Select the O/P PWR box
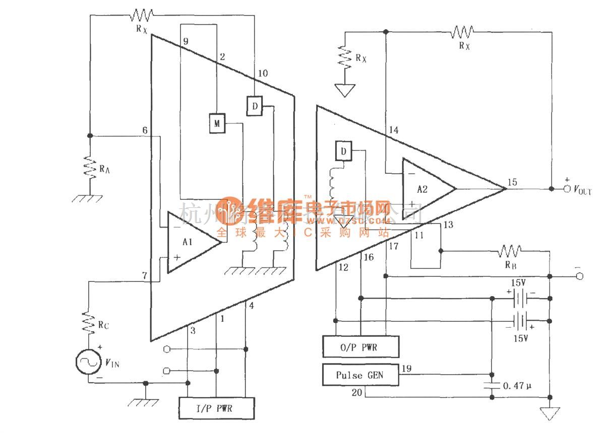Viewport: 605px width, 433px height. (x=360, y=347)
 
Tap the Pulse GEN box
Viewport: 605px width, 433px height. (x=360, y=375)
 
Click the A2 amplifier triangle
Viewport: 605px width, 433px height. (x=427, y=189)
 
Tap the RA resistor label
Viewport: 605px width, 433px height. (x=104, y=169)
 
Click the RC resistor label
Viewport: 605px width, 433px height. (x=103, y=325)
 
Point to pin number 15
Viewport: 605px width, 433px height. (x=512, y=182)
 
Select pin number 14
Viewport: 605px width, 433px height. (x=393, y=130)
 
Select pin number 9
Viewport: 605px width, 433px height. (x=186, y=42)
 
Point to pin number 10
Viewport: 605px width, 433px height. (x=263, y=74)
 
